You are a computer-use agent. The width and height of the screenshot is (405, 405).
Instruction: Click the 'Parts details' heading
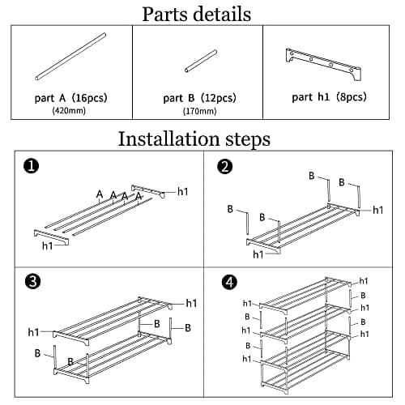(197, 14)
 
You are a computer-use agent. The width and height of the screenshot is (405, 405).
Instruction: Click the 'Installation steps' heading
(194, 139)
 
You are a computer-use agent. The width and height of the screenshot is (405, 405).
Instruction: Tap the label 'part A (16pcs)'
(71, 98)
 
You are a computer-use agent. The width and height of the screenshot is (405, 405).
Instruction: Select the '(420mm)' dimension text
(69, 110)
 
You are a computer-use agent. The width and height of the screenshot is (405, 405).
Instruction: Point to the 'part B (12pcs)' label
(199, 98)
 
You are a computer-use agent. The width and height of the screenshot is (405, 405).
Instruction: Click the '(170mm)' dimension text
(200, 111)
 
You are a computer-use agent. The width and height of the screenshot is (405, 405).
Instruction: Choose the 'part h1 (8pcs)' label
(330, 97)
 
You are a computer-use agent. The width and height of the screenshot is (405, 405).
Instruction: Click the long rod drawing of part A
(70, 57)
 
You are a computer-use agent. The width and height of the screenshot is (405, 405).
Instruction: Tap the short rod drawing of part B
(201, 61)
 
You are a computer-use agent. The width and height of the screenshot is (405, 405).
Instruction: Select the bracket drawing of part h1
(323, 63)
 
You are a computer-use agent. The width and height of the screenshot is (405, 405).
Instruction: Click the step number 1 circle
(31, 165)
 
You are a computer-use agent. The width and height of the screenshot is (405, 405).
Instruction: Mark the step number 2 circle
(224, 166)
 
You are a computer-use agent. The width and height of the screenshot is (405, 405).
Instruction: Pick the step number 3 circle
(32, 282)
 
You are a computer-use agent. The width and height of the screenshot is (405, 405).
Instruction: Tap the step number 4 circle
(229, 282)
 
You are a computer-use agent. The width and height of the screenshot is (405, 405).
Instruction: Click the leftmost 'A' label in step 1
(100, 194)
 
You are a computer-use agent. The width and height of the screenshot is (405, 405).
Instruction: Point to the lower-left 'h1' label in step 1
(48, 245)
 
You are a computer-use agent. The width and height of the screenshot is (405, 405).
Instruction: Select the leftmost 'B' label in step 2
(230, 209)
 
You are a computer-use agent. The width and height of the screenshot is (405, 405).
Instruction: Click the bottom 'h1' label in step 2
(258, 254)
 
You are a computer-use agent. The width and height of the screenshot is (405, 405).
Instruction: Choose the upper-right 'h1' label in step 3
(191, 303)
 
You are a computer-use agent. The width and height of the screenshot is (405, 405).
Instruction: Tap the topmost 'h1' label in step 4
(364, 281)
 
